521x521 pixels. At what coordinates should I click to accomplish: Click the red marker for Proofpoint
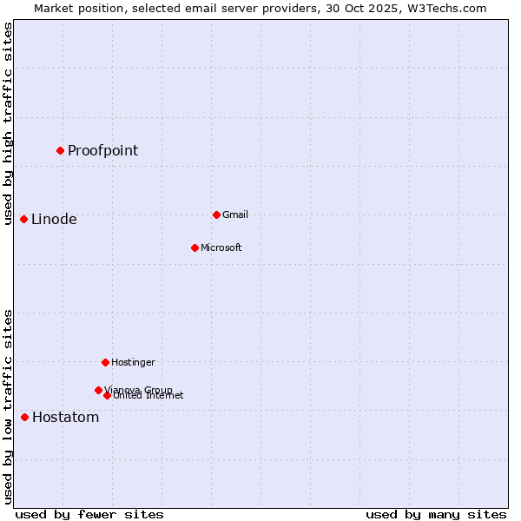[60, 150]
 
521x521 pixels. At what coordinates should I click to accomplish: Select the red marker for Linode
[23, 219]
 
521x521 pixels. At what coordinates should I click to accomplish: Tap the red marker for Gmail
[216, 214]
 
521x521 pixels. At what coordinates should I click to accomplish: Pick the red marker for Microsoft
[195, 247]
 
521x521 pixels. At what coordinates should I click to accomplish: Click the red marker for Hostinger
[105, 362]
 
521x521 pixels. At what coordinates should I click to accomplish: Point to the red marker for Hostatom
[24, 417]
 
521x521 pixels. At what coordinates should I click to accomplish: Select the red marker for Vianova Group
[98, 390]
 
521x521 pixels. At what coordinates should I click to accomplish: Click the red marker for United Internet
[107, 395]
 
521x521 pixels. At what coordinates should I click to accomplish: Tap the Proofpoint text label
[102, 150]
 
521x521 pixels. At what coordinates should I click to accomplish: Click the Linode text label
[54, 219]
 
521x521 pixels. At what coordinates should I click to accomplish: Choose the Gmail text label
[235, 214]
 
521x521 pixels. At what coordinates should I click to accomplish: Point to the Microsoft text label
[221, 247]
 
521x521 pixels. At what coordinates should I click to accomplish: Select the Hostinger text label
[133, 362]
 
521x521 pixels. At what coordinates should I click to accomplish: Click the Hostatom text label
[65, 417]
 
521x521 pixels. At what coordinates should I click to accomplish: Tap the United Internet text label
[148, 396]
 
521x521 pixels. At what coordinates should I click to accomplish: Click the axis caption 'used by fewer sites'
[89, 514]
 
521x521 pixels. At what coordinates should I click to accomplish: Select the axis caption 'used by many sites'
[436, 514]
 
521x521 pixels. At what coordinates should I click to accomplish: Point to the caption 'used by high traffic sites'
[8, 123]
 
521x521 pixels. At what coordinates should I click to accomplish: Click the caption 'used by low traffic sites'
[8, 406]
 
